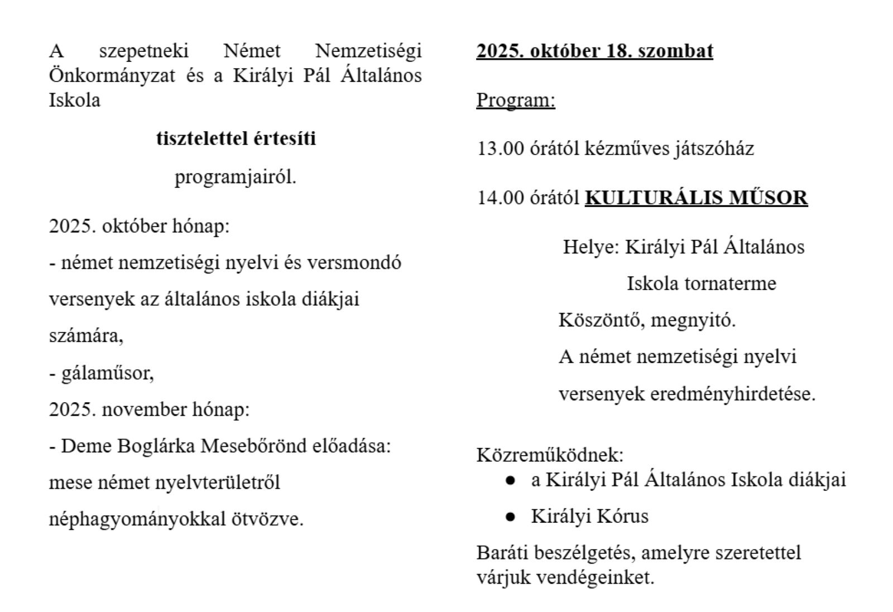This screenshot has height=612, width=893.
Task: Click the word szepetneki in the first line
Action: point(143,51)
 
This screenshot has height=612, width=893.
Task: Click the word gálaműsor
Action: point(107,373)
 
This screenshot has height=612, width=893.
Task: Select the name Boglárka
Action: point(163,446)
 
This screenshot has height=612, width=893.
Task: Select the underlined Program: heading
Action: point(516,100)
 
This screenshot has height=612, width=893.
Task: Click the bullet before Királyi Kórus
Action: point(510,517)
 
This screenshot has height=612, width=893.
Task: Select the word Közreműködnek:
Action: point(550,455)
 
